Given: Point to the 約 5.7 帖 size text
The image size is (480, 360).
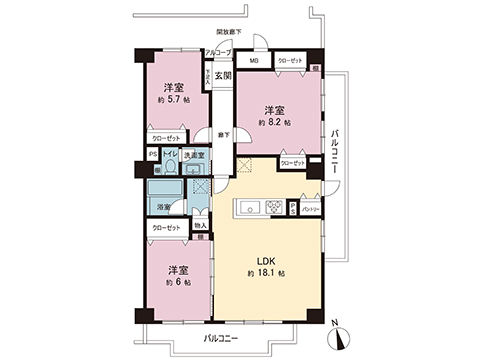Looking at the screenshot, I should [x=173, y=100].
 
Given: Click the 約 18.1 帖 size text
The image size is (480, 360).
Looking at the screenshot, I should [x=266, y=273].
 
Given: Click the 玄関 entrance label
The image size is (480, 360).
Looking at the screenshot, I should [x=222, y=75].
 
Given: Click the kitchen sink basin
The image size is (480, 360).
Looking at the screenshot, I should [x=247, y=208].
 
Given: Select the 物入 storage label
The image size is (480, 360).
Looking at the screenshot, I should [x=200, y=226].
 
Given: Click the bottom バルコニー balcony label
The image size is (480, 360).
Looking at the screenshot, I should [x=221, y=339].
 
